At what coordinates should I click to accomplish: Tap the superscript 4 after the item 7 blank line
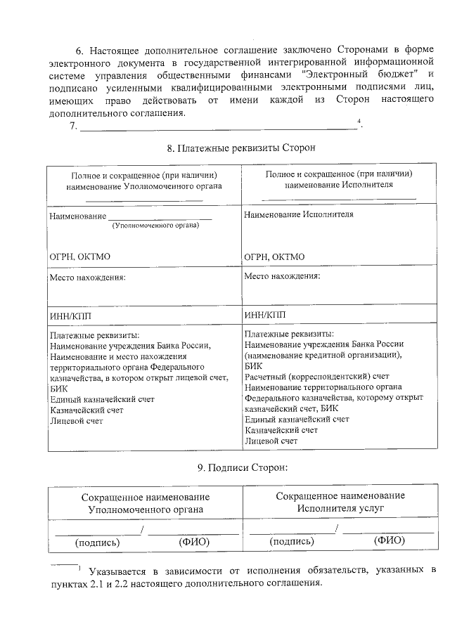(359, 122)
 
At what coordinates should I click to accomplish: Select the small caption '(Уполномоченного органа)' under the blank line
(155, 226)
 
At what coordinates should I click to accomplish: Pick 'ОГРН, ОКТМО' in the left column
(80, 257)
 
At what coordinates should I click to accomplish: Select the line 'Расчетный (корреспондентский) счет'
(316, 377)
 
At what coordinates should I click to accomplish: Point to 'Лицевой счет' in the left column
(77, 421)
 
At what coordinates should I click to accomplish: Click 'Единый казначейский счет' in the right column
(297, 419)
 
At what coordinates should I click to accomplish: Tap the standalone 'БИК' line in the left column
(60, 387)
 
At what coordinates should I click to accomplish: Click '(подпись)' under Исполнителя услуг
(291, 541)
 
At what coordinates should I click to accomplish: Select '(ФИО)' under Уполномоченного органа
(194, 542)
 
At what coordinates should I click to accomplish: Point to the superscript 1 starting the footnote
(81, 566)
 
